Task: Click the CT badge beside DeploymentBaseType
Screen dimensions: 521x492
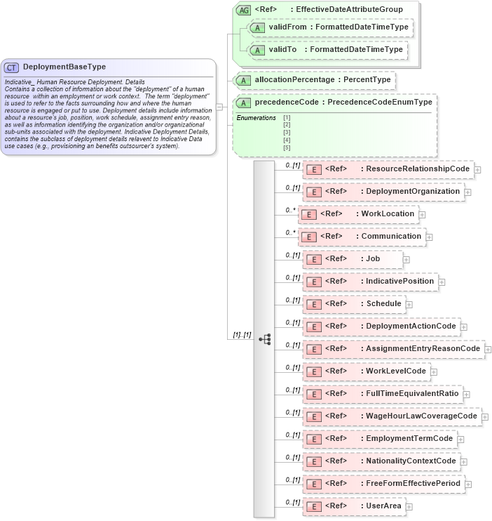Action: tap(12, 67)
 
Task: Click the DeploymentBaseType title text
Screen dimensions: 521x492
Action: tap(64, 67)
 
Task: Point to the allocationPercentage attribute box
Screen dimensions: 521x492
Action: tap(315, 80)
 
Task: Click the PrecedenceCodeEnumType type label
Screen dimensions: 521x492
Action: tap(380, 103)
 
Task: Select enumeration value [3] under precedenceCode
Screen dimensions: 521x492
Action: tap(286, 132)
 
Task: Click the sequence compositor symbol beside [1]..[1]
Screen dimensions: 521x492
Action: tap(264, 338)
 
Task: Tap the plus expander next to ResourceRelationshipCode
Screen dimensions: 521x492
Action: tap(477, 169)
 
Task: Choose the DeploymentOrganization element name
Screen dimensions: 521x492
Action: tap(414, 191)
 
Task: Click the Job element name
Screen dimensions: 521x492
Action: tap(373, 258)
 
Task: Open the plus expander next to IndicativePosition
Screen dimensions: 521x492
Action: tap(442, 282)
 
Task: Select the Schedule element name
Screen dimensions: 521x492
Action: tap(384, 303)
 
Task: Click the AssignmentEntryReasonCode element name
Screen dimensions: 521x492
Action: tap(423, 348)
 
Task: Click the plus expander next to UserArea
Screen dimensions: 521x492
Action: tap(409, 506)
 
